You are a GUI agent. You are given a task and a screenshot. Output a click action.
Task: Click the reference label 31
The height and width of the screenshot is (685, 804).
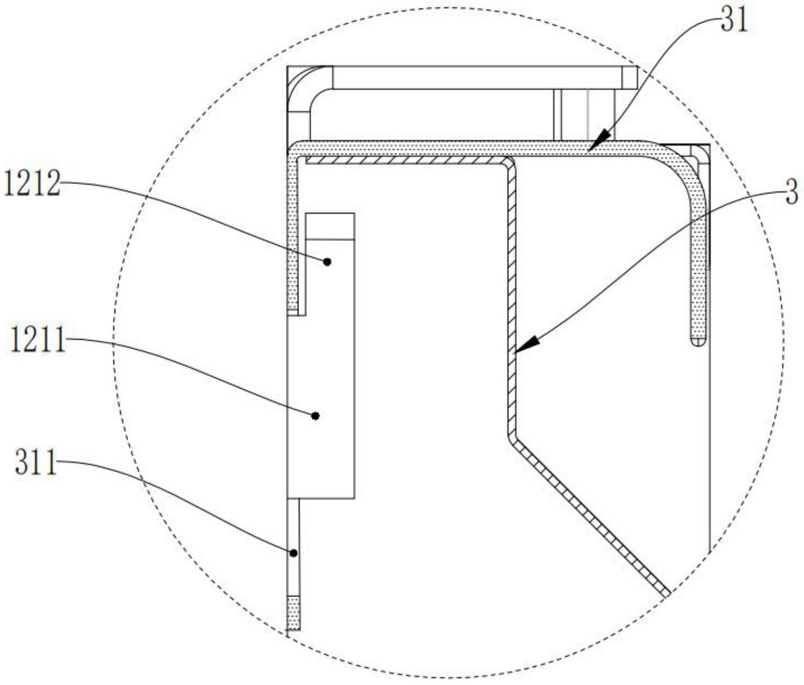pos(733,21)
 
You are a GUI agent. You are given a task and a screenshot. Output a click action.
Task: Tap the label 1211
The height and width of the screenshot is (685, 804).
pos(37,341)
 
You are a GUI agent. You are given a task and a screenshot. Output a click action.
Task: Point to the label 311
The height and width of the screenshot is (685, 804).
pos(35,463)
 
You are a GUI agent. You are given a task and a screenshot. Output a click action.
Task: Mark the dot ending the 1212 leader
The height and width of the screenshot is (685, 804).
pos(327,261)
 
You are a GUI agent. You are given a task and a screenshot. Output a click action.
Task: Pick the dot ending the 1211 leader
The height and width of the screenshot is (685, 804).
pos(315,416)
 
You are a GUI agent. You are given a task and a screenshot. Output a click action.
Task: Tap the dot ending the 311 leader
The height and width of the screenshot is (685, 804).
pos(294,553)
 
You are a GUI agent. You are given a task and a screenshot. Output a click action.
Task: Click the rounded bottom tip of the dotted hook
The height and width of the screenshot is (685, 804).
pos(697,342)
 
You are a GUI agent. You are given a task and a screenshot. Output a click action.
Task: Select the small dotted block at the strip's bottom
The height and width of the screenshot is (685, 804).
pos(294,613)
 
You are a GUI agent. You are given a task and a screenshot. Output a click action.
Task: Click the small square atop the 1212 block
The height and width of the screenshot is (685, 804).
pos(329,226)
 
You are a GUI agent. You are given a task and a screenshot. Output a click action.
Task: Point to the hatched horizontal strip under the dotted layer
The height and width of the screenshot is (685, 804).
pos(402,160)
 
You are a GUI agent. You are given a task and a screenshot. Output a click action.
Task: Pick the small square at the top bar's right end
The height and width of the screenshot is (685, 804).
pos(630,77)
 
